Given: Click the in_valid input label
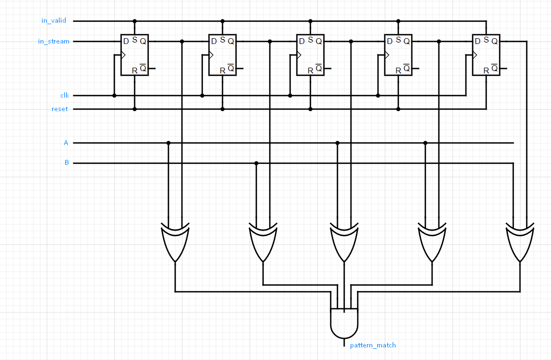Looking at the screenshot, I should [x=54, y=21].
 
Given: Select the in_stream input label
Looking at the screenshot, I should [x=54, y=42].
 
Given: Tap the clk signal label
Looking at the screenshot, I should [x=64, y=95].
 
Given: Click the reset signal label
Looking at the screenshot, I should [x=59, y=109].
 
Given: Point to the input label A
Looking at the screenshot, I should [x=66, y=143].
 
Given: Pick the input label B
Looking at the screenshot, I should [x=67, y=163].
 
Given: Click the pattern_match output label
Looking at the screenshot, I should [x=372, y=345].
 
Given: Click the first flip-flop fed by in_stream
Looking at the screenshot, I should [x=134, y=55].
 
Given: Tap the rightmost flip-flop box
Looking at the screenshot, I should [x=486, y=55].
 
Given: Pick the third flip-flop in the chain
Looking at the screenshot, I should [x=310, y=55].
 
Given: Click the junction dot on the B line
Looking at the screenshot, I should [x=256, y=163].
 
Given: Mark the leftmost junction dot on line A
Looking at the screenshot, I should [x=169, y=143].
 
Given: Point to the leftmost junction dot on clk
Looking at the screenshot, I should [x=114, y=96].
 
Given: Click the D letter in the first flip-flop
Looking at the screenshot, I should [x=126, y=42].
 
